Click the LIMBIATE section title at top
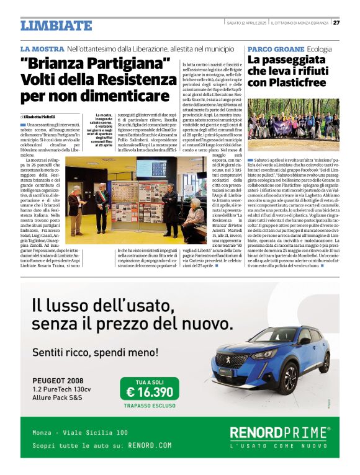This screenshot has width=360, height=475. click(x=56, y=25)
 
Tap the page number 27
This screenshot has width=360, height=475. click(x=336, y=23)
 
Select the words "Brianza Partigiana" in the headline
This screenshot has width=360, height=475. click(x=95, y=64)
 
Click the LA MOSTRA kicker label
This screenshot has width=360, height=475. click(x=42, y=48)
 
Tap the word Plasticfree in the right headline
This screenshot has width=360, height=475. click(x=302, y=82)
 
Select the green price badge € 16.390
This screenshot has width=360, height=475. click(x=150, y=391)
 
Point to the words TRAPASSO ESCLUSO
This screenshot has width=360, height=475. click(x=150, y=406)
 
